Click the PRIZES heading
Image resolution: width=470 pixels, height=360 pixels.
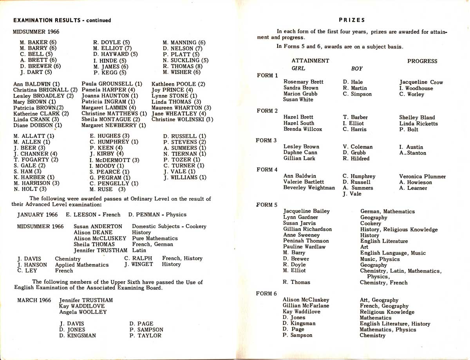[x=352, y=20]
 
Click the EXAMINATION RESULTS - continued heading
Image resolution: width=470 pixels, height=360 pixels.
[x=62, y=20]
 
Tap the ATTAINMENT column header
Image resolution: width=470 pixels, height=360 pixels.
[x=310, y=61]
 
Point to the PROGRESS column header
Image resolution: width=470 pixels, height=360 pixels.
[x=422, y=61]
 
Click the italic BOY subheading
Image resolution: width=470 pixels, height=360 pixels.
[x=357, y=68]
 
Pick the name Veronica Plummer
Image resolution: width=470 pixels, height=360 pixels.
[x=422, y=176]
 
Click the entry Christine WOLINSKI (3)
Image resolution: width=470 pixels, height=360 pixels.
[x=182, y=119]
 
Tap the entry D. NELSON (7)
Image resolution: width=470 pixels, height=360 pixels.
[x=183, y=49]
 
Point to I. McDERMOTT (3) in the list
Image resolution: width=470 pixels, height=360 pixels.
[x=114, y=160]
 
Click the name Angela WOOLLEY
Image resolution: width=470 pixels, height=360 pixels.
[x=83, y=312]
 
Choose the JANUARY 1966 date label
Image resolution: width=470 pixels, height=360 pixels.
[x=37, y=214]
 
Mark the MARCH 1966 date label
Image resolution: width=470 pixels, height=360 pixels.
[x=34, y=300]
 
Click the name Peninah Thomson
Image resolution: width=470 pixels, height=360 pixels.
[x=306, y=241]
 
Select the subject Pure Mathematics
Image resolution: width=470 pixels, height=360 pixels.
[x=155, y=238]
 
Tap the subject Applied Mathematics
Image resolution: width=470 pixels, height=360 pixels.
[x=82, y=265]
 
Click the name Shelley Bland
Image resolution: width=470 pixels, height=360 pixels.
[x=417, y=117]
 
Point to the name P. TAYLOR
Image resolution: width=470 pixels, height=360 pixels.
[x=145, y=335]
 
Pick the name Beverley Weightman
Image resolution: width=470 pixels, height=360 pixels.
[x=309, y=188]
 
